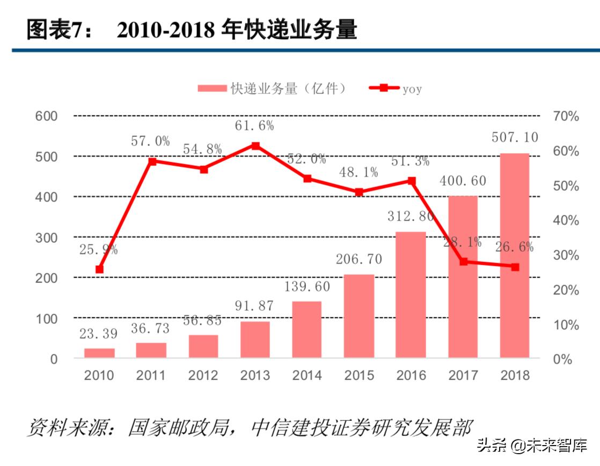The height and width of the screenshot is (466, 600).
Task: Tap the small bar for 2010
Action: pos(99,353)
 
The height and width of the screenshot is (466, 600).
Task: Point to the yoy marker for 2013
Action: pos(255,146)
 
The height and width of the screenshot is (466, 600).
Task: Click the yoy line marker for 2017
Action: pos(463,262)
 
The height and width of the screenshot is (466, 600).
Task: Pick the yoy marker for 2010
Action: pos(99,270)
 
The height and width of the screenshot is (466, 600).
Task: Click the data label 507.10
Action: pos(515,137)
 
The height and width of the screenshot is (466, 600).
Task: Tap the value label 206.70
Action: pos(359,259)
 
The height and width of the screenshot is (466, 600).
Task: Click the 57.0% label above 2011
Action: pos(150,141)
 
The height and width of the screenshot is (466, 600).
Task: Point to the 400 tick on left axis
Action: pos(46,197)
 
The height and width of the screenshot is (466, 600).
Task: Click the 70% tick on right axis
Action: pos(566,116)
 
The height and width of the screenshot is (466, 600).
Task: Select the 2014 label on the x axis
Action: pos(307,375)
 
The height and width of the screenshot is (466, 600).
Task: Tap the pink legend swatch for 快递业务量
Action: pos(211,89)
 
